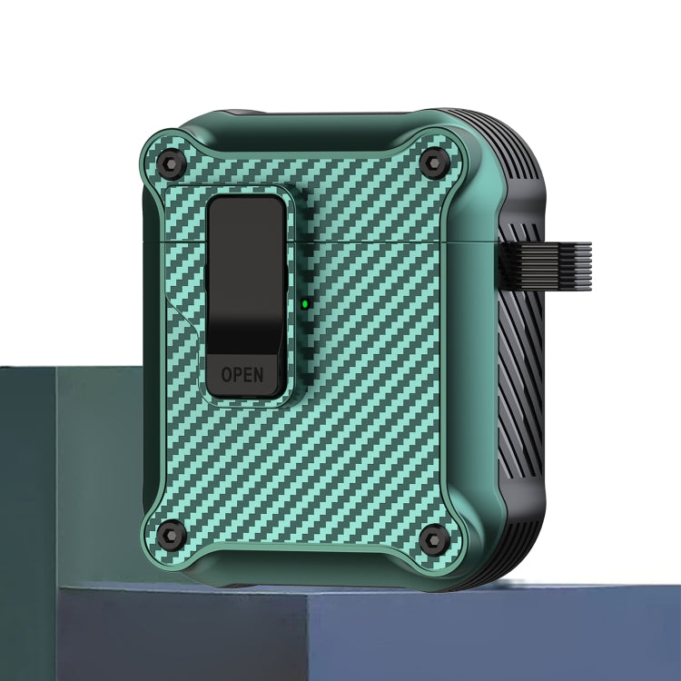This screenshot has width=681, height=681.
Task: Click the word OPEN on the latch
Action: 242,373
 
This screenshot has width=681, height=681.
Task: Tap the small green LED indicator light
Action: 305,303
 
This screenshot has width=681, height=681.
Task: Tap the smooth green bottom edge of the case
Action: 300,577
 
